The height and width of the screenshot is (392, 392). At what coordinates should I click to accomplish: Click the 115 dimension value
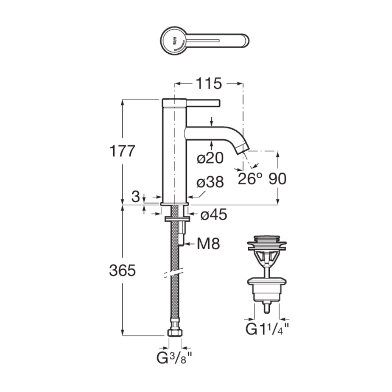(209, 83)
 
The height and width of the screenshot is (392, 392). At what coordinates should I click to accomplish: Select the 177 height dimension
(122, 151)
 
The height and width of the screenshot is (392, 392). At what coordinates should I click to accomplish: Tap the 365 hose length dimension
(122, 270)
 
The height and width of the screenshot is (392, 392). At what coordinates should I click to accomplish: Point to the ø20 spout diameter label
(210, 158)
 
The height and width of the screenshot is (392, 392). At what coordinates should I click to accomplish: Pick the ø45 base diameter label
(214, 214)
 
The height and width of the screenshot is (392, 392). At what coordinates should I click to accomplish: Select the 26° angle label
(250, 178)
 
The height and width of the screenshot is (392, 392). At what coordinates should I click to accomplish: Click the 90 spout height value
(278, 179)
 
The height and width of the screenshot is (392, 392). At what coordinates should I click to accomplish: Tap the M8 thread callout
(208, 243)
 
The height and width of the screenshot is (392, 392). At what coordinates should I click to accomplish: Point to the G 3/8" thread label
(174, 358)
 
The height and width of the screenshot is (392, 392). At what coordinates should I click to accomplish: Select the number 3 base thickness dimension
(136, 196)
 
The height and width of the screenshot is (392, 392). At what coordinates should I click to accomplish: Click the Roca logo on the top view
(174, 41)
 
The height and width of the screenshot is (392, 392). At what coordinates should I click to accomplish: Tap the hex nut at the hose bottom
(174, 332)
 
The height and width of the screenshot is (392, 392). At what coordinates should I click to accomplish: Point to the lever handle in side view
(203, 103)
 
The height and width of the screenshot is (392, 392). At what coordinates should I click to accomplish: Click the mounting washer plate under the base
(177, 219)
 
